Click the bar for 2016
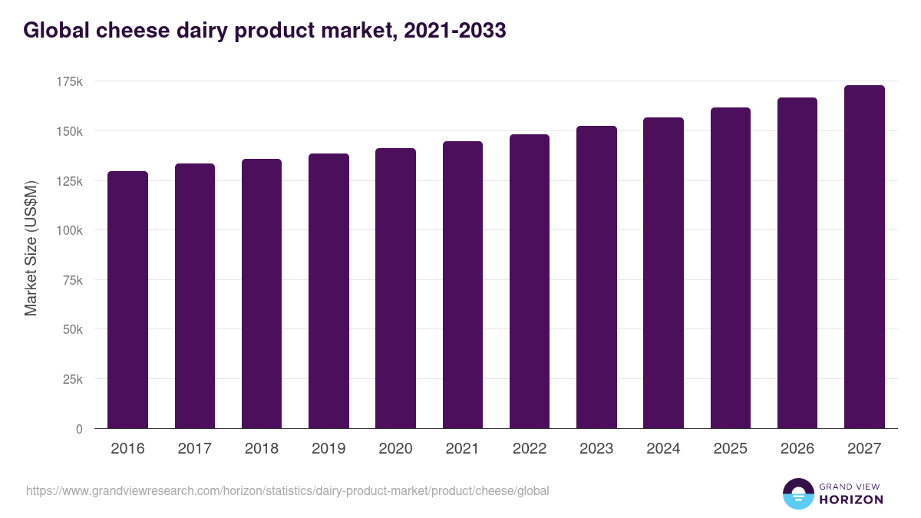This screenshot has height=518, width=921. point(127,299)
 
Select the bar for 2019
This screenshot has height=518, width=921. point(328,291)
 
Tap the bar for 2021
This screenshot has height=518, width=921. point(463,285)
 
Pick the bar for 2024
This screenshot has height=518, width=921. point(663,272)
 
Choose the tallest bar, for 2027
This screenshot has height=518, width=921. point(864,256)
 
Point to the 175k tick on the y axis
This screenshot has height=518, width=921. point(68,81)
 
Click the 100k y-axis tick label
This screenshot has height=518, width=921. point(68,230)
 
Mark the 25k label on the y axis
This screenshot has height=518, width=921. point(71,379)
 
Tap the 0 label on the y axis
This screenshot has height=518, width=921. point(79,429)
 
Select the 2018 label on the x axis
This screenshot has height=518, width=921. point(262,449)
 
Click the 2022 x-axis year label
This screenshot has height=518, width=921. point(529,449)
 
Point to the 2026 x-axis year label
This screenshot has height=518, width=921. point(797,449)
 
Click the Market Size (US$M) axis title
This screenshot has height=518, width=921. point(31,248)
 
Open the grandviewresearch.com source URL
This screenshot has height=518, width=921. point(288,490)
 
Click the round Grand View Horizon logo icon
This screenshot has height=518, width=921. point(798,493)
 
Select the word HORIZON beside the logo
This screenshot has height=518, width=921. point(851,500)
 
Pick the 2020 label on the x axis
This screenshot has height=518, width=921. point(395,449)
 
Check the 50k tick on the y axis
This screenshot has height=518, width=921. point(71,329)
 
